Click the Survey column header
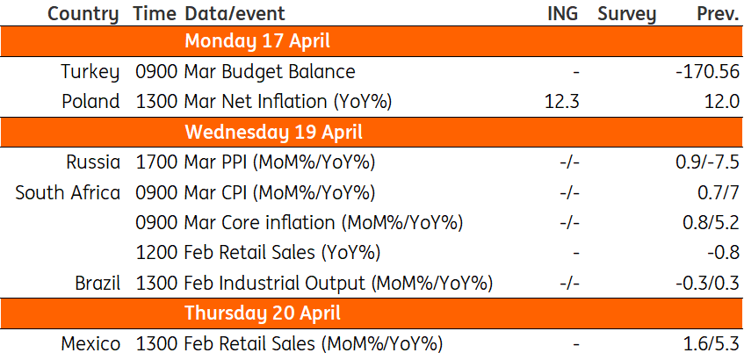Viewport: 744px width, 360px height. pyautogui.click(x=626, y=14)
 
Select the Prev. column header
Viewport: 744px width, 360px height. pyautogui.click(x=718, y=13)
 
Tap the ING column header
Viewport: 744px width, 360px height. pyautogui.click(x=563, y=13)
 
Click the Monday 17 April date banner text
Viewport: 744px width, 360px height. pyautogui.click(x=257, y=42)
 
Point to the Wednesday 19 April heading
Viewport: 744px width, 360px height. pyautogui.click(x=273, y=132)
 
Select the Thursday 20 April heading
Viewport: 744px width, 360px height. pyautogui.click(x=263, y=313)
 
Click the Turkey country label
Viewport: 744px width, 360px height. pyautogui.click(x=90, y=72)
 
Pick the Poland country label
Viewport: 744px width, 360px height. pyautogui.click(x=90, y=102)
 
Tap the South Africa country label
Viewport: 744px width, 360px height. pyautogui.click(x=68, y=192)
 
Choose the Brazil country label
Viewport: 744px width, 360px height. pyautogui.click(x=98, y=283)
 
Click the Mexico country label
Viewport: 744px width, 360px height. pyautogui.click(x=90, y=344)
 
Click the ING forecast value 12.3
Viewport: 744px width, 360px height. pyautogui.click(x=562, y=102)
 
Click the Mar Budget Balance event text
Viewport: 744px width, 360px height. pyautogui.click(x=270, y=72)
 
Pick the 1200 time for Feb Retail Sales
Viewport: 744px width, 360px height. pyautogui.click(x=157, y=253)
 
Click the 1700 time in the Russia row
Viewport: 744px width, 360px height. pyautogui.click(x=157, y=162)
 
